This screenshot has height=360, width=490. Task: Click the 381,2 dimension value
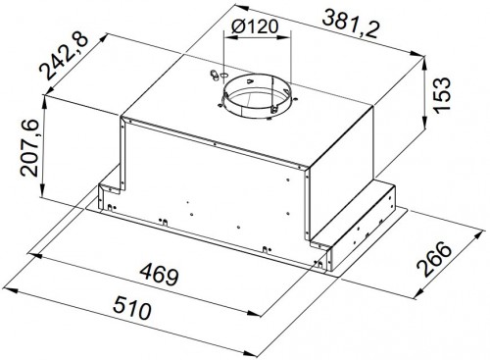pyautogui.click(x=351, y=24)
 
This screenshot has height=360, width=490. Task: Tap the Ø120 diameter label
pyautogui.click(x=255, y=26)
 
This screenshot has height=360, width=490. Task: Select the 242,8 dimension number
pyautogui.click(x=64, y=57)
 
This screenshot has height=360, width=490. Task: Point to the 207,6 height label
pyautogui.click(x=29, y=148)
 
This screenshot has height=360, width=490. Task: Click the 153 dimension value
pyautogui.click(x=442, y=95)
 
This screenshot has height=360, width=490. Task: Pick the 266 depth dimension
pyautogui.click(x=434, y=259)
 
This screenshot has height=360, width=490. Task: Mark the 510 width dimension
pyautogui.click(x=132, y=307)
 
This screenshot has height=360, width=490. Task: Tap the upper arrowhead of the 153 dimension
pyautogui.click(x=425, y=62)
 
